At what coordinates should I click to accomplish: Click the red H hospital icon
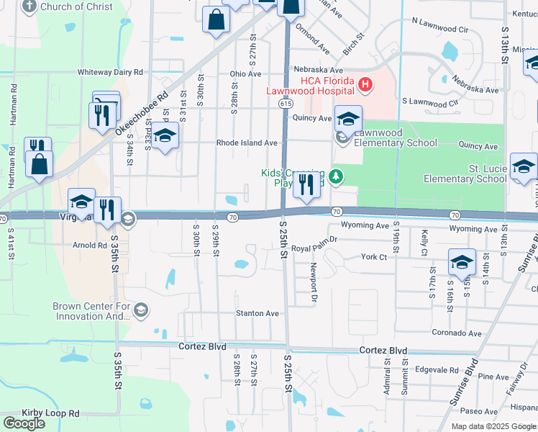tap(365, 86)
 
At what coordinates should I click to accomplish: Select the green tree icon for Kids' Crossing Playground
tap(334, 176)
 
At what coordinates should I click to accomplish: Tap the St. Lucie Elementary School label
tap(465, 174)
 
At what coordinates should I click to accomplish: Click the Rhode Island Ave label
tap(247, 143)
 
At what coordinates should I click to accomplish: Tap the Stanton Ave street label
tap(257, 313)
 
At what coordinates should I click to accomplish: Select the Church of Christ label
tap(76, 7)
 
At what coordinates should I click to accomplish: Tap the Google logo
tap(24, 423)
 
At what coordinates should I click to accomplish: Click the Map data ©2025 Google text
tap(493, 426)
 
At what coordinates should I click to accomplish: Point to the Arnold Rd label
tap(90, 245)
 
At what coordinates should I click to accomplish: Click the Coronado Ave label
tap(456, 333)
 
